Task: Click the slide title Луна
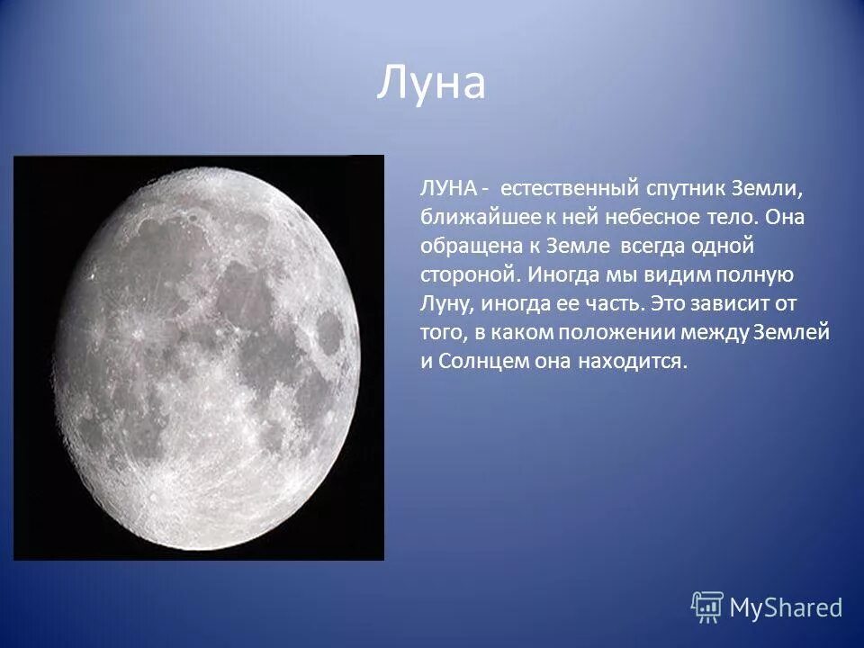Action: (x=430, y=83)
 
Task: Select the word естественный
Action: (x=570, y=190)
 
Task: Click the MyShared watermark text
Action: (x=786, y=607)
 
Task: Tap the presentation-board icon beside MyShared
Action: (x=707, y=607)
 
